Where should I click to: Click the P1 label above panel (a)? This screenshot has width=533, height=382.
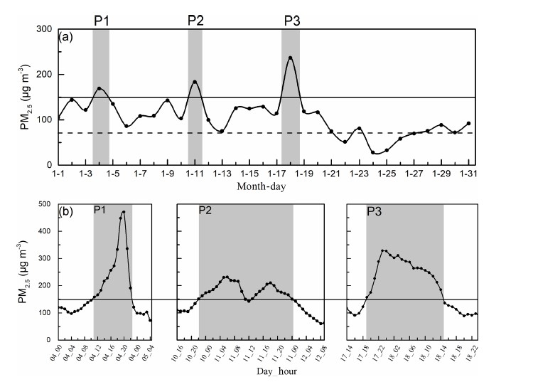click(x=101, y=19)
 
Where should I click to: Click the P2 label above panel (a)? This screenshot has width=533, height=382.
click(x=195, y=19)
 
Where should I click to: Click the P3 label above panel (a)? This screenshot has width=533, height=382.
click(x=291, y=19)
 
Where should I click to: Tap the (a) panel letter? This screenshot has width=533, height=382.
click(x=68, y=41)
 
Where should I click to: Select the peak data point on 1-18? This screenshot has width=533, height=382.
click(x=290, y=58)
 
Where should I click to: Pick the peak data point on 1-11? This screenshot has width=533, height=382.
click(x=195, y=82)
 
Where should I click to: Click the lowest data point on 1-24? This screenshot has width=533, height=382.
click(x=372, y=152)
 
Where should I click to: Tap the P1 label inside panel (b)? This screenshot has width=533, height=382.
click(x=101, y=211)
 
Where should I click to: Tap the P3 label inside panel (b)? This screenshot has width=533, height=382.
click(x=375, y=211)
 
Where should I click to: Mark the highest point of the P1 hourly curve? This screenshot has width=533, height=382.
click(x=124, y=212)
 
